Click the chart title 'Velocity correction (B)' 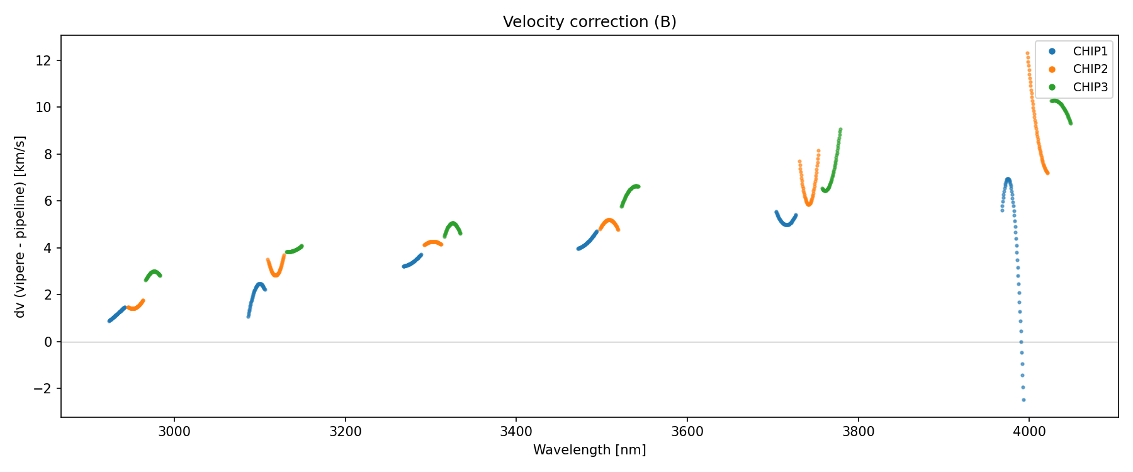[589, 22]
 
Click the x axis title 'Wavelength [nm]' [589, 450]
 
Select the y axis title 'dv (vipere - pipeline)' [20, 227]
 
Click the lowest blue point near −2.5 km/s [1023, 400]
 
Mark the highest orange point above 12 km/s [1027, 53]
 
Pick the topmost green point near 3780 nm [840, 130]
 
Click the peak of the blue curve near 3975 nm [1008, 179]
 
